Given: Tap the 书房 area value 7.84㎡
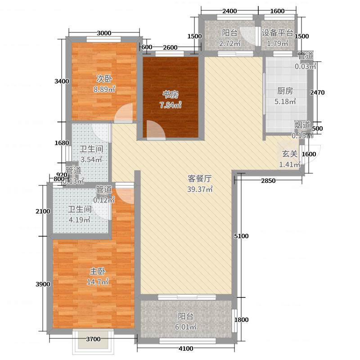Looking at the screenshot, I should (x=171, y=105).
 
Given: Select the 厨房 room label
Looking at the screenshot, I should (x=285, y=90).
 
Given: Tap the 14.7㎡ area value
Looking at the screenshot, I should (x=98, y=283).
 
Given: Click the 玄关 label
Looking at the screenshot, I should (x=289, y=153).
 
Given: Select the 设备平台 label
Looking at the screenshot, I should (x=278, y=33).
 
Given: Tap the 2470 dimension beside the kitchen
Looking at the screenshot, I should (x=317, y=92).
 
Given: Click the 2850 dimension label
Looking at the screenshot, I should (x=268, y=180).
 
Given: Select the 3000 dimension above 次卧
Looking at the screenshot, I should (x=103, y=32).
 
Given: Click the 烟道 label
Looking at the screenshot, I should (x=302, y=125).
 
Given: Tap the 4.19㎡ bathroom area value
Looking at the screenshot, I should (x=80, y=220).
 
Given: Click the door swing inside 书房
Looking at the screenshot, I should (x=154, y=129).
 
